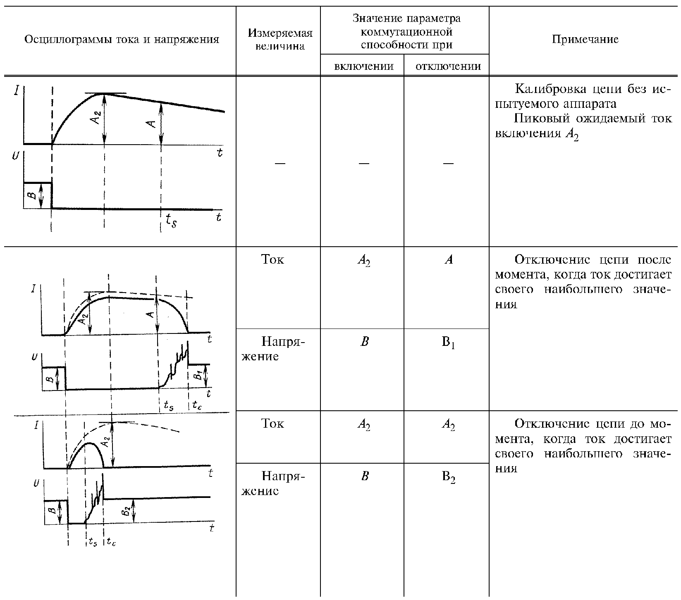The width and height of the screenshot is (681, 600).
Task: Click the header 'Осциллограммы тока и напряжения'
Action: [x=122, y=40]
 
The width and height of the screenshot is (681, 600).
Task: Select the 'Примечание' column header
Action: [x=585, y=40]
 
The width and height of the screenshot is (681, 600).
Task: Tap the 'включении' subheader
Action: [x=363, y=67]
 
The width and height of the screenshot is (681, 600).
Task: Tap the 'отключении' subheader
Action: [x=448, y=67]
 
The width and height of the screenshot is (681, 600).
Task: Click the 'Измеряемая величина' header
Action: [x=280, y=40]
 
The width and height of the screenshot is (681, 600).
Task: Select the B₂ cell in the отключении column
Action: [x=448, y=478]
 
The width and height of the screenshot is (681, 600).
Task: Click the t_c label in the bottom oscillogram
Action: [x=111, y=542]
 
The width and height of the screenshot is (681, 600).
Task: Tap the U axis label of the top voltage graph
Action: [x=16, y=157]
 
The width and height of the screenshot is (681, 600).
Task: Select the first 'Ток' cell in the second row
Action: [x=273, y=260]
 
